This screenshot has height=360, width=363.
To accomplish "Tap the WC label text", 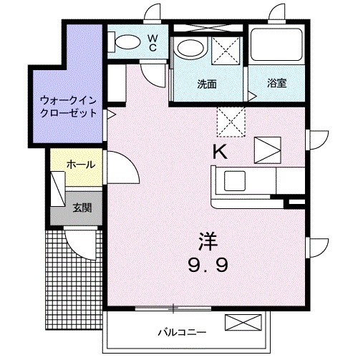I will click(x=153, y=42).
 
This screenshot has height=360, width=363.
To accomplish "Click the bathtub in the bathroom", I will click(x=277, y=47).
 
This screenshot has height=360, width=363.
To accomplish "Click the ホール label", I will click(x=79, y=165).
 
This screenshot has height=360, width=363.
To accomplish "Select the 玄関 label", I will click(x=81, y=208).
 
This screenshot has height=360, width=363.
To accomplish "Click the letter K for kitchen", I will click(x=221, y=152).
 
